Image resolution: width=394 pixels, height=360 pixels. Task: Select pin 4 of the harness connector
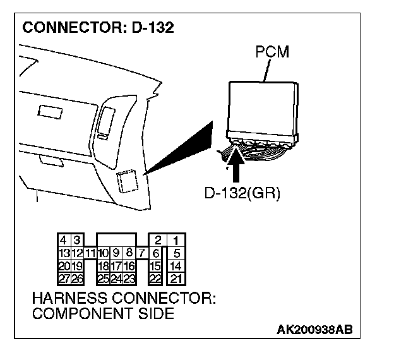point(63,240)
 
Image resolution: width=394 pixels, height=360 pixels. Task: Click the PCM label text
point(272,52)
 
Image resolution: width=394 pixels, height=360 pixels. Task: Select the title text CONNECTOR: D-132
point(98,28)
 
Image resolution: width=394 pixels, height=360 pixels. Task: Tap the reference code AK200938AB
point(314,330)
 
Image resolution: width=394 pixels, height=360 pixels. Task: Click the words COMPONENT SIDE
point(102,313)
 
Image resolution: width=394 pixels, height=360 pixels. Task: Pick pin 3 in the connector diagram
point(76,240)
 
